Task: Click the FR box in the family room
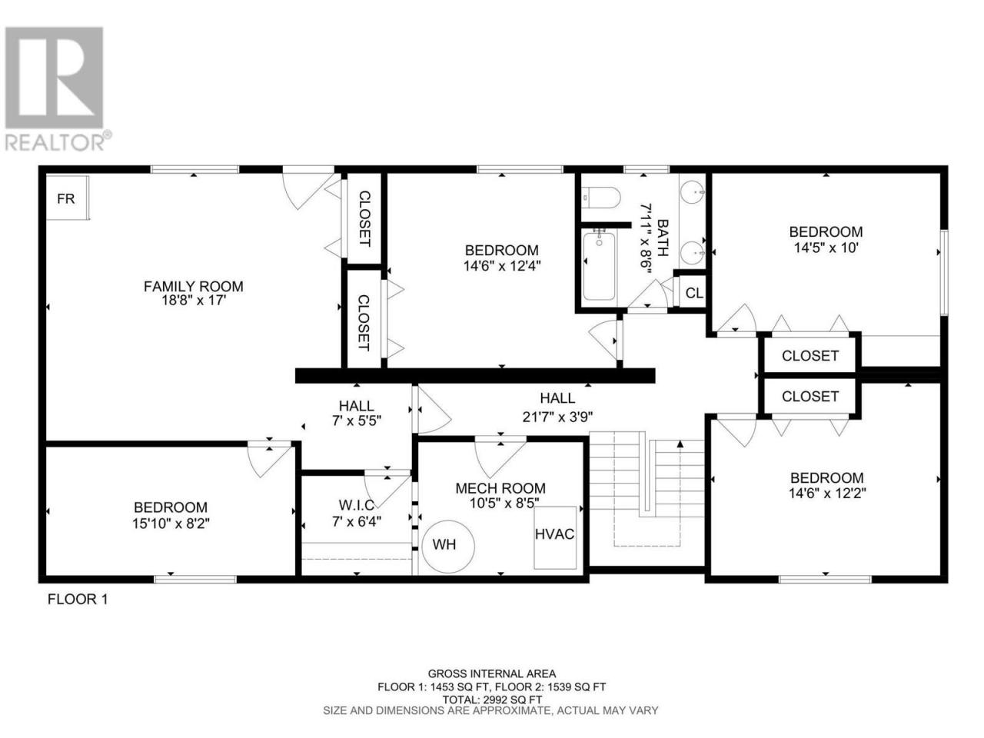(67, 198)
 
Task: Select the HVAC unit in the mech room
(554, 537)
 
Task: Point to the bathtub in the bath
(599, 264)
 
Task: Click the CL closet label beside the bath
(694, 293)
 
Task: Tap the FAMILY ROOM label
(193, 286)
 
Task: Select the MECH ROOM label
(500, 488)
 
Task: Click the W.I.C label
(357, 505)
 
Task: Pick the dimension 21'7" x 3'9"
(557, 417)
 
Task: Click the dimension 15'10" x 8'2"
(171, 524)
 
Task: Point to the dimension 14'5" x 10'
(826, 248)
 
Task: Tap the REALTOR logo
(58, 88)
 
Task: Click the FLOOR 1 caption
(78, 599)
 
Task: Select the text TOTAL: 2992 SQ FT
(492, 700)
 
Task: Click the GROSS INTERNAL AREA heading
(492, 673)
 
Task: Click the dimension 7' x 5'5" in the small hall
(357, 421)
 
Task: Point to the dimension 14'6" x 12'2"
(827, 494)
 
